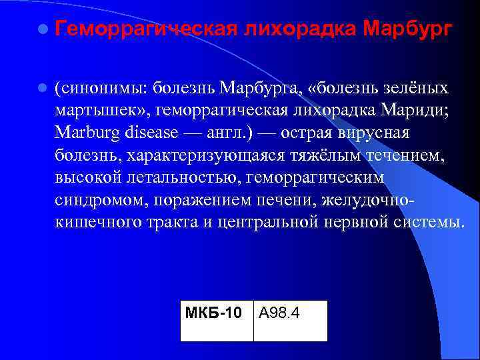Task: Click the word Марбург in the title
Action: pos(408,29)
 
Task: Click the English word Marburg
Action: pos(87,132)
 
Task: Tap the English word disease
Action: pos(151,132)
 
